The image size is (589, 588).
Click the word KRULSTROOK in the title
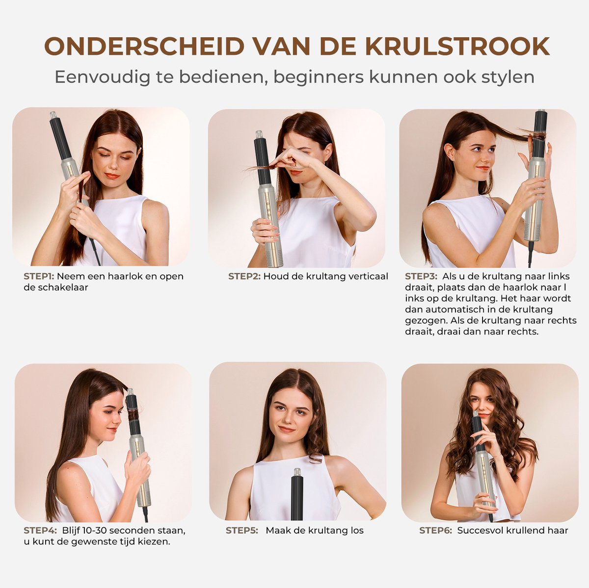coord(457,47)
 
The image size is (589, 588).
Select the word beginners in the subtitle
coord(319,77)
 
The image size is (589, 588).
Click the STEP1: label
coord(39,277)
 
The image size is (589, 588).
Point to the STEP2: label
coord(244,277)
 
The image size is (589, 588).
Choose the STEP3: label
coord(421,277)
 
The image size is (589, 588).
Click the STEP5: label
coord(242,531)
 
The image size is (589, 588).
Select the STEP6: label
coord(435,531)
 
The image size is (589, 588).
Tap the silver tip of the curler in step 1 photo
coord(54,115)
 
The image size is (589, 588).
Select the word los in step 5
coord(357,531)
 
